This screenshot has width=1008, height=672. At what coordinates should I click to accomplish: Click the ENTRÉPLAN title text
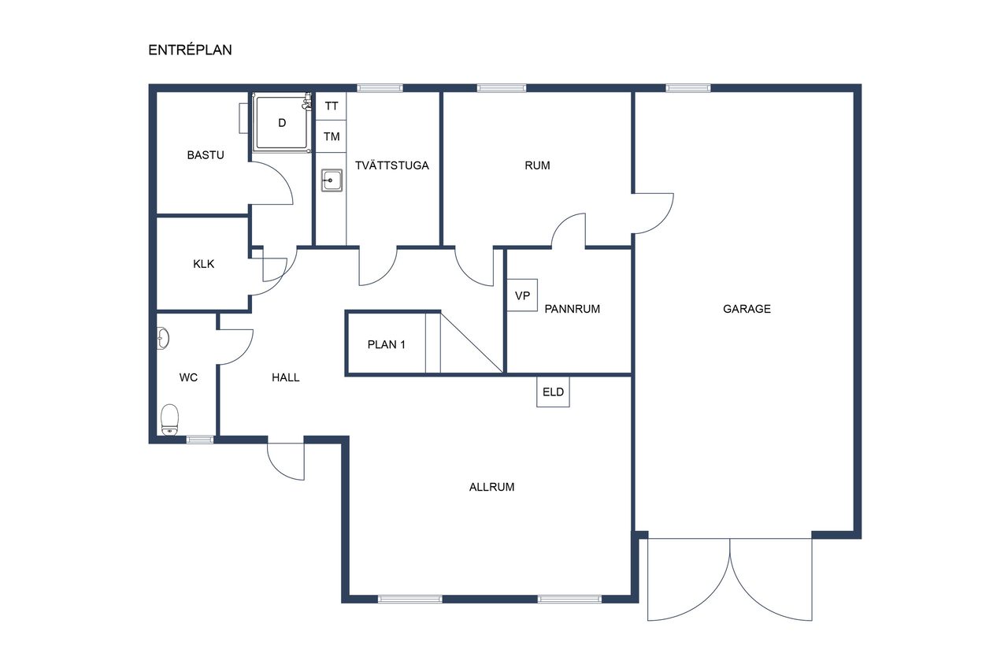190,50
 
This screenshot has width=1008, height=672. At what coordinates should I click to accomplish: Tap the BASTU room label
206,155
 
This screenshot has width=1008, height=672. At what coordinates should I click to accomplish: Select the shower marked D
282,122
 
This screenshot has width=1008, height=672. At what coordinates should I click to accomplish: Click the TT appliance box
332,106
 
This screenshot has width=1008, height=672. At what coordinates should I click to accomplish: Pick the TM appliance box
332,136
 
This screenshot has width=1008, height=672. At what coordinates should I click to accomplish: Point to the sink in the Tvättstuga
332,180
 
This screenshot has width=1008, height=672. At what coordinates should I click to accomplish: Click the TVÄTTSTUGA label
392,165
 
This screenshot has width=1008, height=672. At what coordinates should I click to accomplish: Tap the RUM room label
537,165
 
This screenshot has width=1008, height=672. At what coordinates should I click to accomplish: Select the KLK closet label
203,264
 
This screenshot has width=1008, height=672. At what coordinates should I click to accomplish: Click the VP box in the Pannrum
522,295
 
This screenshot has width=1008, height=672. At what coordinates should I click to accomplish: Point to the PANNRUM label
572,309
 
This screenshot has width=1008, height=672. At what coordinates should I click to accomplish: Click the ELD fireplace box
553,392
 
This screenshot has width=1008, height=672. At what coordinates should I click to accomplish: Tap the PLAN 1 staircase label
386,345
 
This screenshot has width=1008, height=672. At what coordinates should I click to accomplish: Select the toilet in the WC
169,419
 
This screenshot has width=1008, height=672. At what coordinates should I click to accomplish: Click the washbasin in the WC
163,339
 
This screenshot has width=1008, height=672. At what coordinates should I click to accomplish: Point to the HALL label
285,377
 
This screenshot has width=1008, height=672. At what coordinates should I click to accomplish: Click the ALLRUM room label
491,487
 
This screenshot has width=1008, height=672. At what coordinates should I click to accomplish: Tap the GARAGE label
747,309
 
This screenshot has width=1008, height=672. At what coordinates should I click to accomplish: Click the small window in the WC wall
200,440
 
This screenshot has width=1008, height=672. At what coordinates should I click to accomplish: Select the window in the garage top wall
688,87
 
